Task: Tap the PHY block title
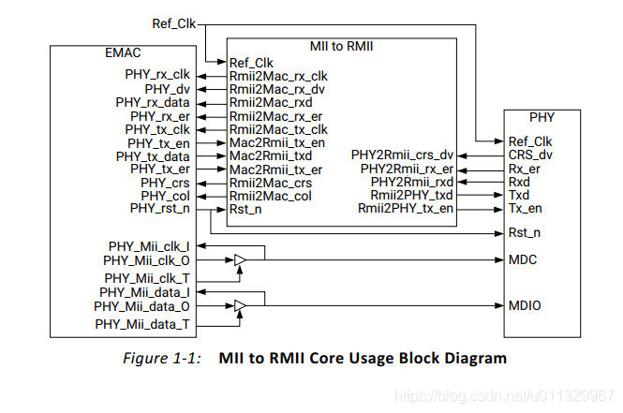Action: (541, 118)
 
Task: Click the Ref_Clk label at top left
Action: (173, 22)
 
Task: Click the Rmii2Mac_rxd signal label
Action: (271, 102)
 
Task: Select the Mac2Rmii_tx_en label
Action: (277, 142)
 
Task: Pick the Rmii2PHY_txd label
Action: (411, 195)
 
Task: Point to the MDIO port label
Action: (525, 305)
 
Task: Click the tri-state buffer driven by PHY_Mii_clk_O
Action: (241, 258)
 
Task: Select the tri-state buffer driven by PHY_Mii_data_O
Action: (241, 306)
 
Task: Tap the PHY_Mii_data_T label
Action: (142, 324)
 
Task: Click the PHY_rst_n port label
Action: (159, 209)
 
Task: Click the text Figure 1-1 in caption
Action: (162, 359)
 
